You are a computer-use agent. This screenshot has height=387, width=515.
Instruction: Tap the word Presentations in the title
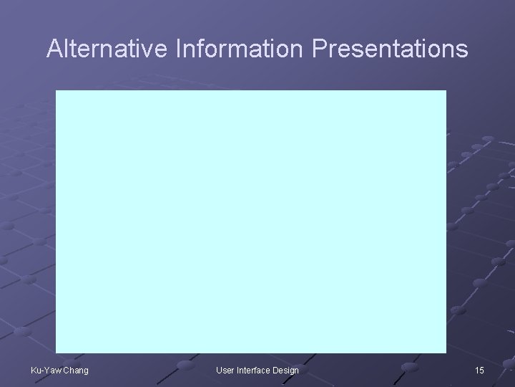(391, 49)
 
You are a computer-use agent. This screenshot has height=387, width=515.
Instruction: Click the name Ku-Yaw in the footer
(45, 370)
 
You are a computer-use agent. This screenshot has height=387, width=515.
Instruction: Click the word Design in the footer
(286, 370)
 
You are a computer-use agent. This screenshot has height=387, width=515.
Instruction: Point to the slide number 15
(479, 370)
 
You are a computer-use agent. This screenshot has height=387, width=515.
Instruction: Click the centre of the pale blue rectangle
(251, 221)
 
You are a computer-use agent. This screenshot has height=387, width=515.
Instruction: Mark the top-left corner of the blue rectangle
(57, 91)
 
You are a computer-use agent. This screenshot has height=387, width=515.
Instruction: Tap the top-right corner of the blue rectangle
(446, 91)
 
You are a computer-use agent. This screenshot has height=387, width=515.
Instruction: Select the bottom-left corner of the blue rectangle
(57, 353)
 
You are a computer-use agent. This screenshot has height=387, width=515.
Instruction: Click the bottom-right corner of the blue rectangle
(446, 353)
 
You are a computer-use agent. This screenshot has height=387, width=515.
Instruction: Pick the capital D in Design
(276, 370)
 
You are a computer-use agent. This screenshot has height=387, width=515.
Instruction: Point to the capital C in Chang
(65, 370)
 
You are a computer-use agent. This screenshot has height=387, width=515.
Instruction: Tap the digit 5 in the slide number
(482, 370)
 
